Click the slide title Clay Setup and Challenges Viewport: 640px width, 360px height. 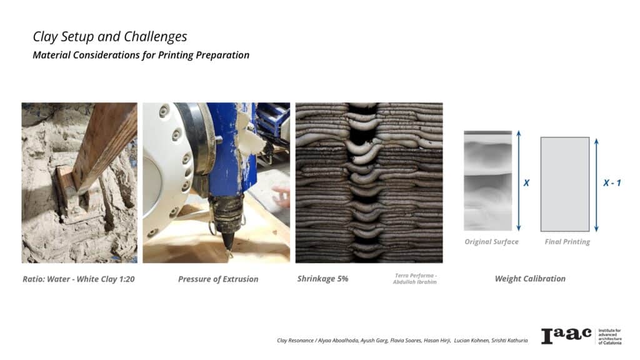110,37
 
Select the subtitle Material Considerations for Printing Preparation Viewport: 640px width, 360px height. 141,55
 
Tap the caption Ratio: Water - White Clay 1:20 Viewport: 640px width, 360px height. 78,279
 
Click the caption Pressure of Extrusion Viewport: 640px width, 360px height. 218,279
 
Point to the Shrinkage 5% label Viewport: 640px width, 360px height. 322,279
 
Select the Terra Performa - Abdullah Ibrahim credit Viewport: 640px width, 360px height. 415,279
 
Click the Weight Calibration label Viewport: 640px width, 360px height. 530,279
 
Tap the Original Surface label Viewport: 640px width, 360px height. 491,242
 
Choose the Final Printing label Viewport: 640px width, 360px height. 567,242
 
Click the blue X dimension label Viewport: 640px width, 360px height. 526,183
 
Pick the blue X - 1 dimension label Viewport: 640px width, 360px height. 612,183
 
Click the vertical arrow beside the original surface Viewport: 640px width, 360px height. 518,181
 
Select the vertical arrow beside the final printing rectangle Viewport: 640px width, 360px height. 596,185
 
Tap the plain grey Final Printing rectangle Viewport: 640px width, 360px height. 565,184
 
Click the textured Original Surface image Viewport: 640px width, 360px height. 487,181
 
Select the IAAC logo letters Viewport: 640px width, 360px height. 566,336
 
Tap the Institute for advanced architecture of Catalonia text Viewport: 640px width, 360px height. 610,336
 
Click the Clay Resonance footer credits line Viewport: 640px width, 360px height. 402,341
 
